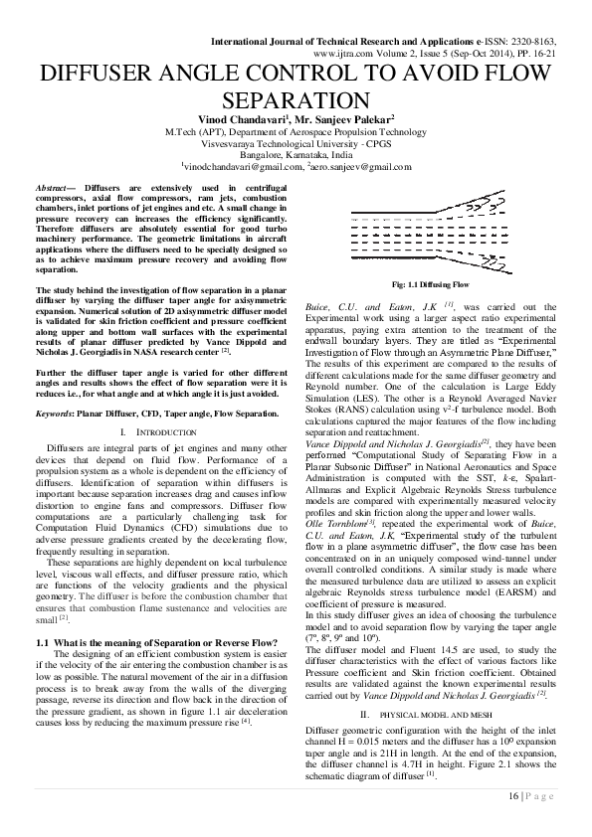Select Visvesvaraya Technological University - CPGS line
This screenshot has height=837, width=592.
296,142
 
